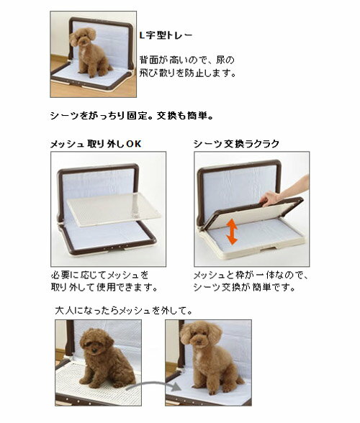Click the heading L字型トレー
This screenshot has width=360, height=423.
[166, 35]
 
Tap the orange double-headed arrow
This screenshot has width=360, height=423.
[232, 232]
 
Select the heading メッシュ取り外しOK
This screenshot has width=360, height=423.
[96, 144]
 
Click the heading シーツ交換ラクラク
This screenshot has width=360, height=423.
[236, 144]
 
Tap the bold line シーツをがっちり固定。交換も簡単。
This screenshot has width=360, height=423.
[132, 116]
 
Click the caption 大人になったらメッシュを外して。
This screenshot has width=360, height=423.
[124, 311]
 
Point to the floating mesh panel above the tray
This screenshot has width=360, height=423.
[114, 209]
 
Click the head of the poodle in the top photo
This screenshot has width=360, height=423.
[84, 37]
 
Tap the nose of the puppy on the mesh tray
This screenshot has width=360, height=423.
[94, 350]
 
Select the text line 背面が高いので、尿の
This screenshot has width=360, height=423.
[187, 60]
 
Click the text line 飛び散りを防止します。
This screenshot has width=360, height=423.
[188, 73]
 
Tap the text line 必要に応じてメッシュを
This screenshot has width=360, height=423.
[99, 275]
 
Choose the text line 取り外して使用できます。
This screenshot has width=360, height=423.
[104, 288]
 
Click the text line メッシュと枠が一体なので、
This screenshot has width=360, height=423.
[251, 275]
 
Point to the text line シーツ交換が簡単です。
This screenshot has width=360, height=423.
[244, 288]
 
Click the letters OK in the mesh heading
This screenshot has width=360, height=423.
[134, 144]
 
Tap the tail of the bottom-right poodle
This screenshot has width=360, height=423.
[240, 380]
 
